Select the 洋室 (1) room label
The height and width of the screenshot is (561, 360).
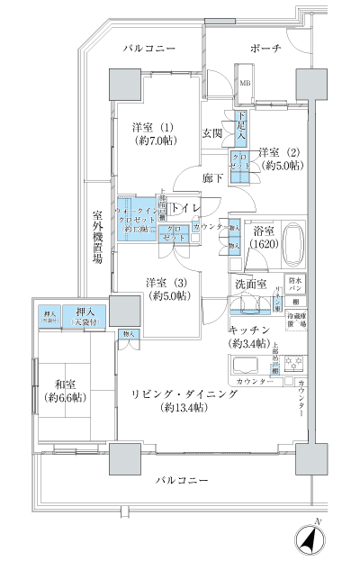point(155,132)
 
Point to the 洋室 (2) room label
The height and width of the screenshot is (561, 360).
point(280,158)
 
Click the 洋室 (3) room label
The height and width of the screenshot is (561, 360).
point(170,288)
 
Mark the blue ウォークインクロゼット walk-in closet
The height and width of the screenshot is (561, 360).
point(136,216)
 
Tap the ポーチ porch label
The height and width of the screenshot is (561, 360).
point(268,48)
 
